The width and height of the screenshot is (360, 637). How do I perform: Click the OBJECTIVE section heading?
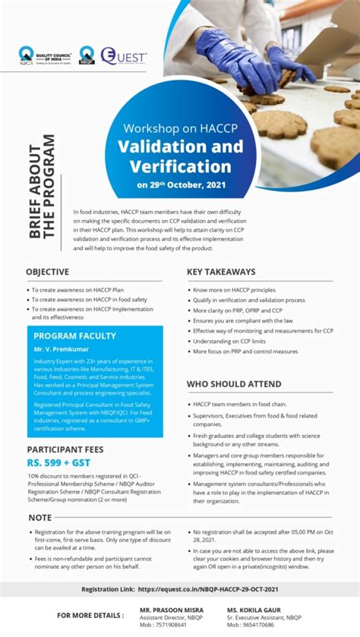48,272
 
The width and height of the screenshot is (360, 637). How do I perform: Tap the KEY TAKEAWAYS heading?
221,272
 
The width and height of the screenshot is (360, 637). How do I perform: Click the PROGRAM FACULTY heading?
75,336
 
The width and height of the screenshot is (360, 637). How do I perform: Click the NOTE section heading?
39,518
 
